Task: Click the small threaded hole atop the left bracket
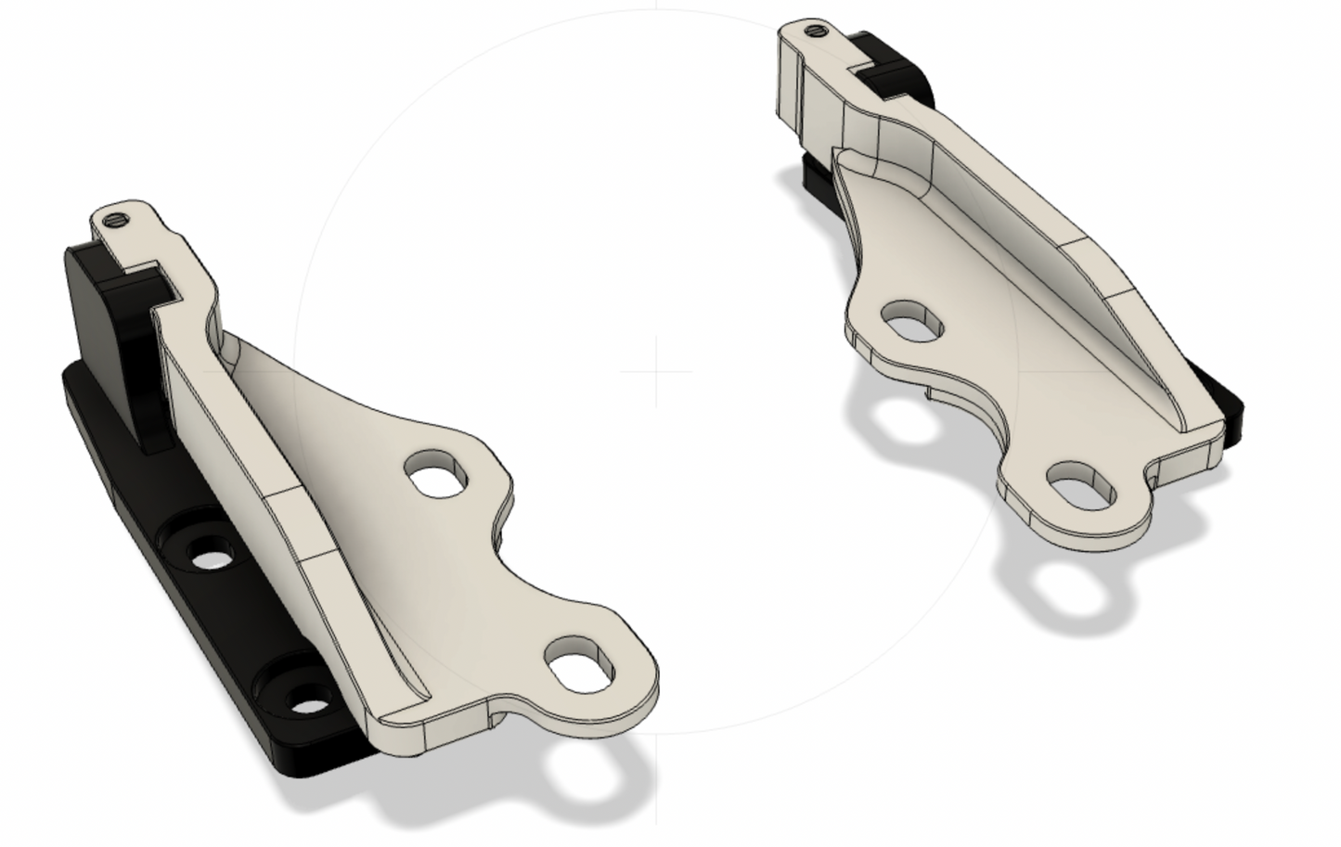[x=115, y=220]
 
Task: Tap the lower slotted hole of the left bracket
[x=581, y=661]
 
